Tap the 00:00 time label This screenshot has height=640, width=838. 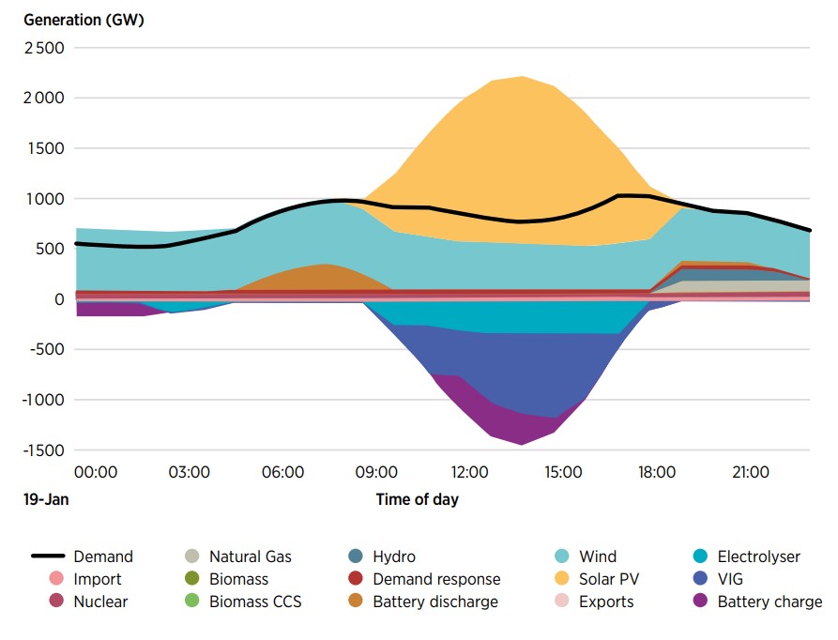click(96, 471)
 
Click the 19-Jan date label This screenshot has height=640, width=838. click(47, 499)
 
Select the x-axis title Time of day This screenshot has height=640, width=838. click(417, 499)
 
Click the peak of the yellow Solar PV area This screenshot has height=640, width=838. click(522, 77)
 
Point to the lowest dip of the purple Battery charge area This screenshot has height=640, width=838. click(521, 444)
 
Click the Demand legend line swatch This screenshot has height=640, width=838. click(44, 556)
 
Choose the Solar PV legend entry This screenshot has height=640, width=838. click(609, 579)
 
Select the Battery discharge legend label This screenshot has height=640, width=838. click(435, 602)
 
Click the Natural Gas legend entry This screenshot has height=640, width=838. click(250, 556)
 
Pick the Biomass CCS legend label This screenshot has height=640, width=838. click(255, 602)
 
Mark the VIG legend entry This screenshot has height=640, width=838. click(729, 579)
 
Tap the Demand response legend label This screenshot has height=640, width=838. click(436, 579)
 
